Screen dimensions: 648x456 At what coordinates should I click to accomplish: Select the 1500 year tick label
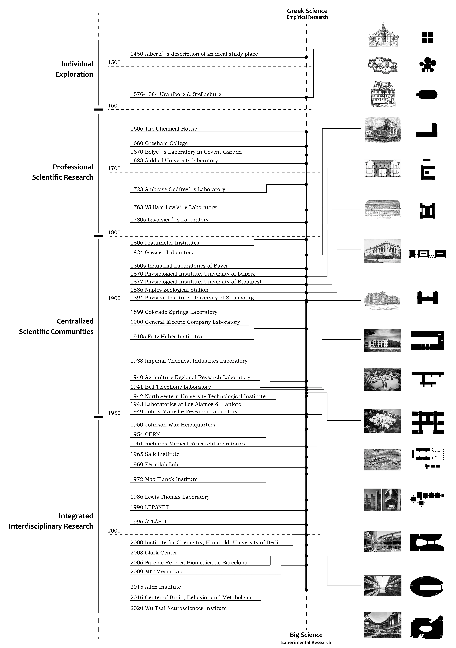114,62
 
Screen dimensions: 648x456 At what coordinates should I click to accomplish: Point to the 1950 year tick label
114,413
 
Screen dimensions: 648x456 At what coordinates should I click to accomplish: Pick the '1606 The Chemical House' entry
164,129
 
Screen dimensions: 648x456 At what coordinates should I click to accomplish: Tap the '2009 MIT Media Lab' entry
156,572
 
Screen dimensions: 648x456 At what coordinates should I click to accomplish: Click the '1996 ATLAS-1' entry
148,522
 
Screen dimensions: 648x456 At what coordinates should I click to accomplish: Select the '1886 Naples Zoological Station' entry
169,290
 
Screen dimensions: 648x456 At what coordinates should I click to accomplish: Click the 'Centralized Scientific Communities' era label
56,326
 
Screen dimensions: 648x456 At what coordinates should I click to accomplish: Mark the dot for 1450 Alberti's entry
306,57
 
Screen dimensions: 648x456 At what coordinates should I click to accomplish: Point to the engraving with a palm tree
382,130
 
